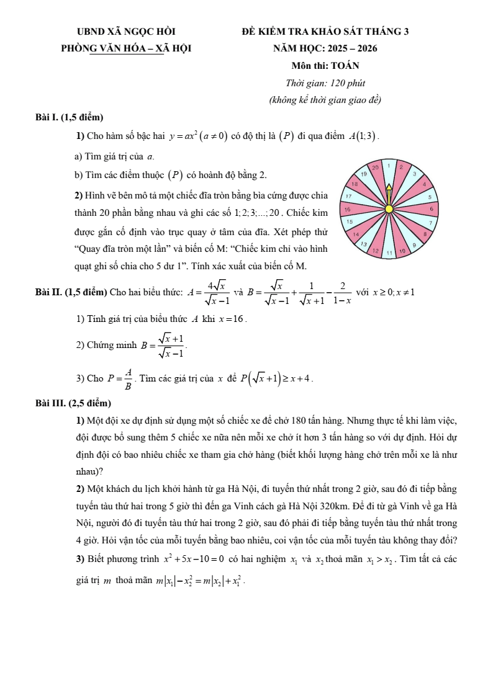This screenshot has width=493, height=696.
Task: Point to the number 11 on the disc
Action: point(389,253)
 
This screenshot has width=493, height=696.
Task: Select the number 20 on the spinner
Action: point(376,167)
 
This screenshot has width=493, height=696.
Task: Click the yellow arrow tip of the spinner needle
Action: point(389,185)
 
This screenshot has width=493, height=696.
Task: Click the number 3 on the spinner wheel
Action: point(414,174)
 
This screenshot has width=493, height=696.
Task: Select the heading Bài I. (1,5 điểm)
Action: point(70,117)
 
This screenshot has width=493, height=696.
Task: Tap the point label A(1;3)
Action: point(363,136)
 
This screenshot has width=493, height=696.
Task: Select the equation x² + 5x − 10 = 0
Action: point(193,559)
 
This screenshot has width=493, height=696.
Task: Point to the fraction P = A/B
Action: point(121,378)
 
